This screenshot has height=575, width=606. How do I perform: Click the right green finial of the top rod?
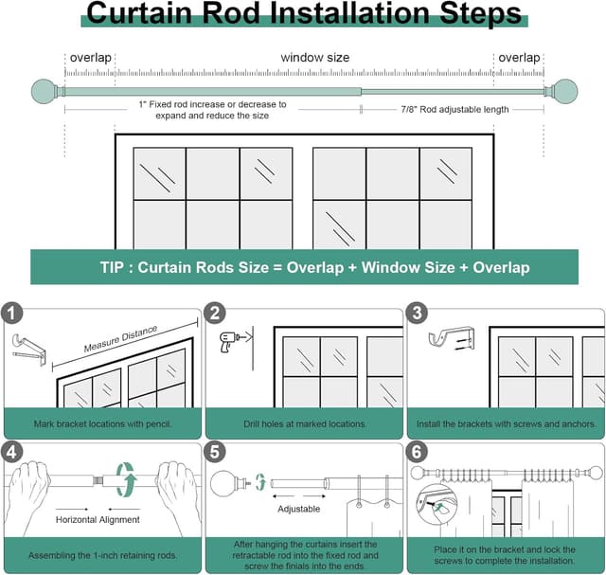click(564, 92)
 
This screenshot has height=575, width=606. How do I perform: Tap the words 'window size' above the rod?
click(314, 58)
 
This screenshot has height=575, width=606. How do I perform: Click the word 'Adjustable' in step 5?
click(298, 509)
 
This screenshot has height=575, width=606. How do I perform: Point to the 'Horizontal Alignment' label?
click(98, 519)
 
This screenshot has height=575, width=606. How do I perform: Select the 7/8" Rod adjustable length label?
click(454, 110)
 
